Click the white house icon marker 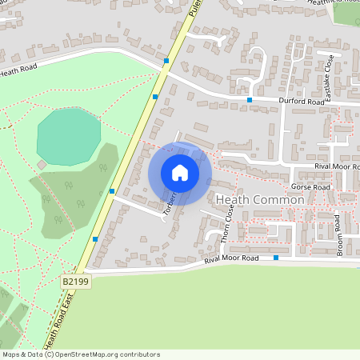tap(180, 173)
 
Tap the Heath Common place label tap(260, 199)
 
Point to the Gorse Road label tap(310, 187)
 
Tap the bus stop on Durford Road tap(250, 99)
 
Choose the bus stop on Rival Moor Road tap(276, 258)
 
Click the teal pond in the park tap(68, 136)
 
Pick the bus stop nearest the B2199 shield tap(95, 238)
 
